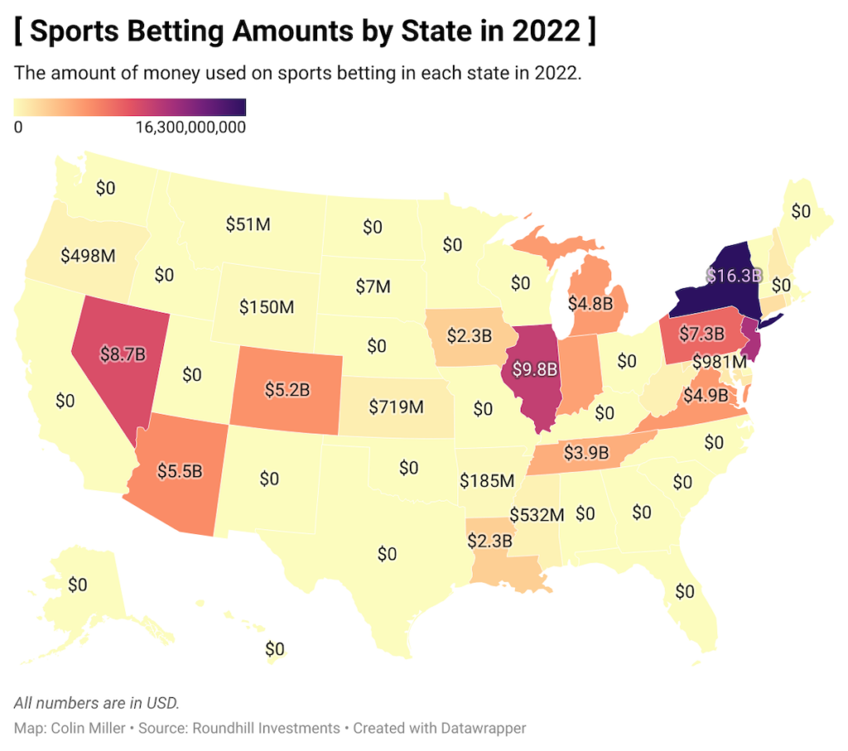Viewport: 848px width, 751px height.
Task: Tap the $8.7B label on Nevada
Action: (x=123, y=353)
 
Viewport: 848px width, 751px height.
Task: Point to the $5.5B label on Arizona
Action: (x=180, y=470)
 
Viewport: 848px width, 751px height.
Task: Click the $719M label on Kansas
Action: (x=396, y=407)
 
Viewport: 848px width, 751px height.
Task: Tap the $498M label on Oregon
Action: (x=88, y=256)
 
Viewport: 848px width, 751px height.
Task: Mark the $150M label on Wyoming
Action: (x=267, y=307)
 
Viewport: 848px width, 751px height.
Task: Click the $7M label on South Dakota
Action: (x=373, y=286)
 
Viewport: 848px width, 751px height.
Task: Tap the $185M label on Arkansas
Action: (x=487, y=480)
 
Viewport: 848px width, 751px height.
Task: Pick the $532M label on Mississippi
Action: (x=537, y=514)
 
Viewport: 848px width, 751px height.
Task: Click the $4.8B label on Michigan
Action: (x=595, y=302)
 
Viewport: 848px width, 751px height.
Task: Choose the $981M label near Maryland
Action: (x=720, y=361)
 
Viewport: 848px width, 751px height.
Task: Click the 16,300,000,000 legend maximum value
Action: (x=190, y=128)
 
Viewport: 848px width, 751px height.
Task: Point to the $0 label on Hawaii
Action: (x=274, y=648)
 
